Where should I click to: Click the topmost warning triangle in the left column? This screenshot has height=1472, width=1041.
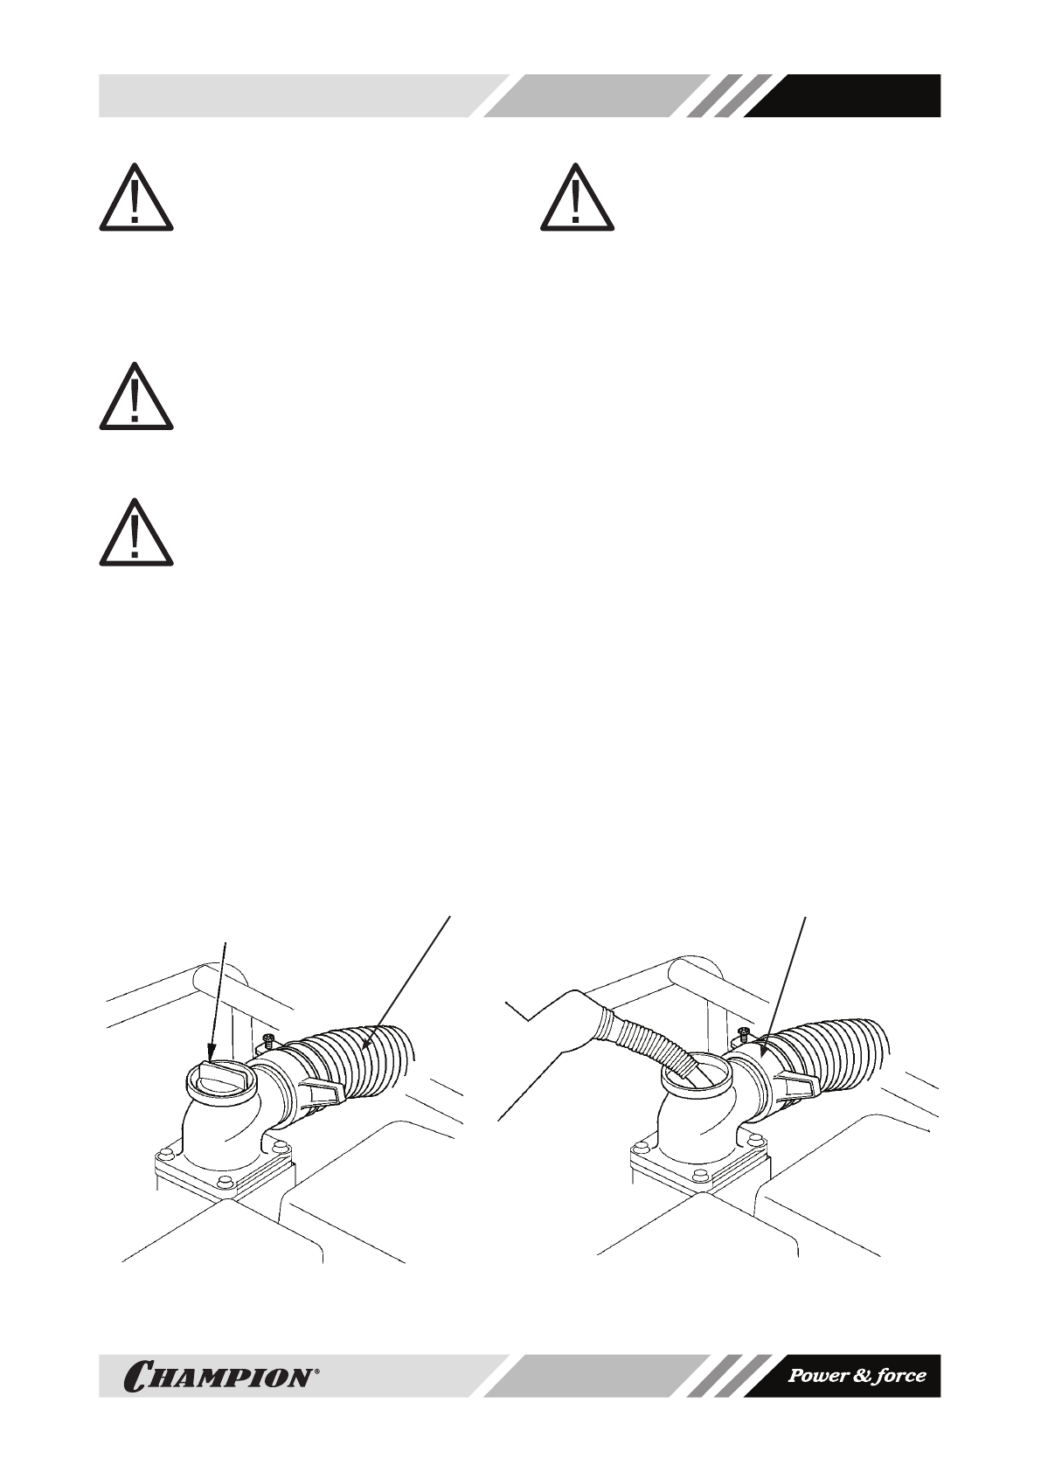pos(135,199)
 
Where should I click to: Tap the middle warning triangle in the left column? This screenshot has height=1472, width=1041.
pos(135,398)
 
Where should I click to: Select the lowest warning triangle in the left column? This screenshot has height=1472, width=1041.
pos(135,534)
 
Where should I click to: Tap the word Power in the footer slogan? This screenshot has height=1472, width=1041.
pos(818,1375)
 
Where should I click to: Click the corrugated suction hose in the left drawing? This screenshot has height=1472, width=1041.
pos(367,1062)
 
